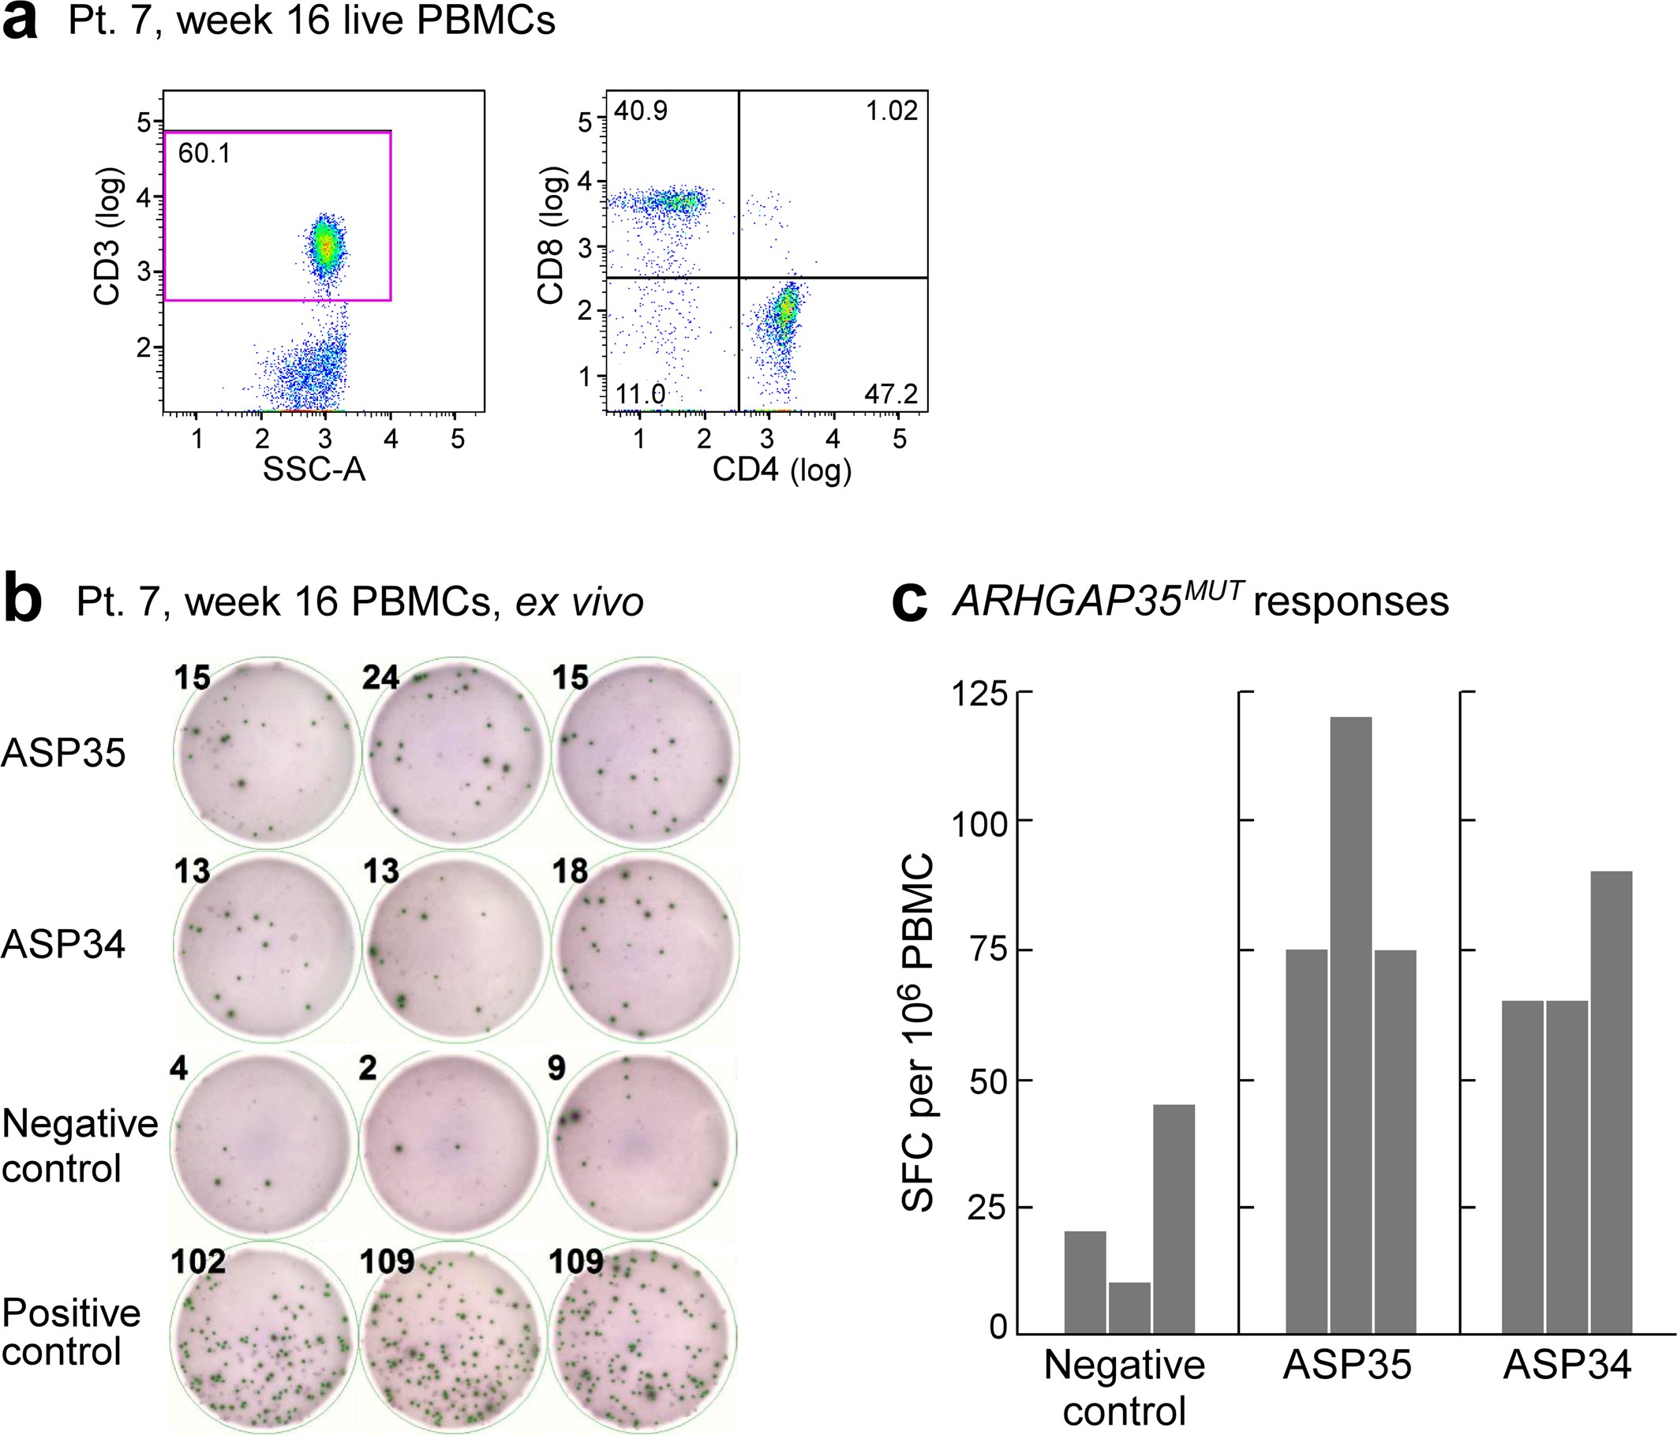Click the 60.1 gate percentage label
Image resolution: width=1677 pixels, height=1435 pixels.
pyautogui.click(x=204, y=153)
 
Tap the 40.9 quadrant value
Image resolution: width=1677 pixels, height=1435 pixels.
pyautogui.click(x=640, y=111)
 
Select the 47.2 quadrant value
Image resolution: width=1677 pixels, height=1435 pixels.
pyautogui.click(x=890, y=394)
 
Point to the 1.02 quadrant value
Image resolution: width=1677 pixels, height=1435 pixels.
pyautogui.click(x=891, y=111)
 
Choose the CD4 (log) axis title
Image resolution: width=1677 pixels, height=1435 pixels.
pyautogui.click(x=782, y=470)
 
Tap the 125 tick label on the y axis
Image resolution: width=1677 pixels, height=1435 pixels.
pyautogui.click(x=979, y=694)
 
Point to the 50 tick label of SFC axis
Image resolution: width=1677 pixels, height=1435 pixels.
pyautogui.click(x=988, y=1081)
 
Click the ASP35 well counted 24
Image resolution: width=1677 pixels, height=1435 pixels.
pyautogui.click(x=455, y=752)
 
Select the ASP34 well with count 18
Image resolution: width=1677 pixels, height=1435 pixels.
pyautogui.click(x=645, y=946)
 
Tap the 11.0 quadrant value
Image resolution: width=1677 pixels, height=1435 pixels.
pyautogui.click(x=640, y=394)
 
